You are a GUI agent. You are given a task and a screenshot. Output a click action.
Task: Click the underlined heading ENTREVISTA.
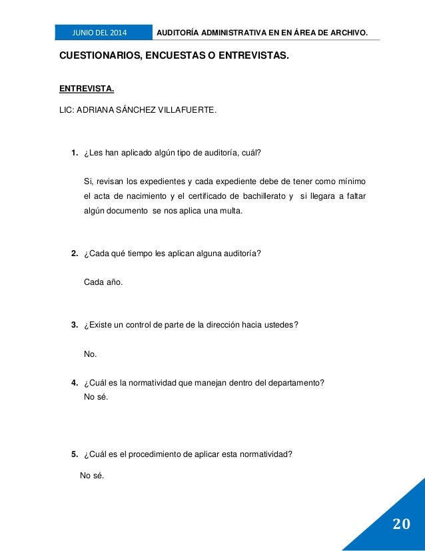point(82,87)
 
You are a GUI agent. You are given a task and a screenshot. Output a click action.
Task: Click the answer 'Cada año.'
point(103,282)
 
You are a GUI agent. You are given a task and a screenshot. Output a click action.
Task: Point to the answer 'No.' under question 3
point(90,354)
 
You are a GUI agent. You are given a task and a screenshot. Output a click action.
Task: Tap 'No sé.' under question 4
point(96,397)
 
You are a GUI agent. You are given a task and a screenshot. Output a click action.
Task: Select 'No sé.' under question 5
point(92,476)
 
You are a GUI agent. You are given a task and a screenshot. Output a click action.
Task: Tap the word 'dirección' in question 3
point(234,325)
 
